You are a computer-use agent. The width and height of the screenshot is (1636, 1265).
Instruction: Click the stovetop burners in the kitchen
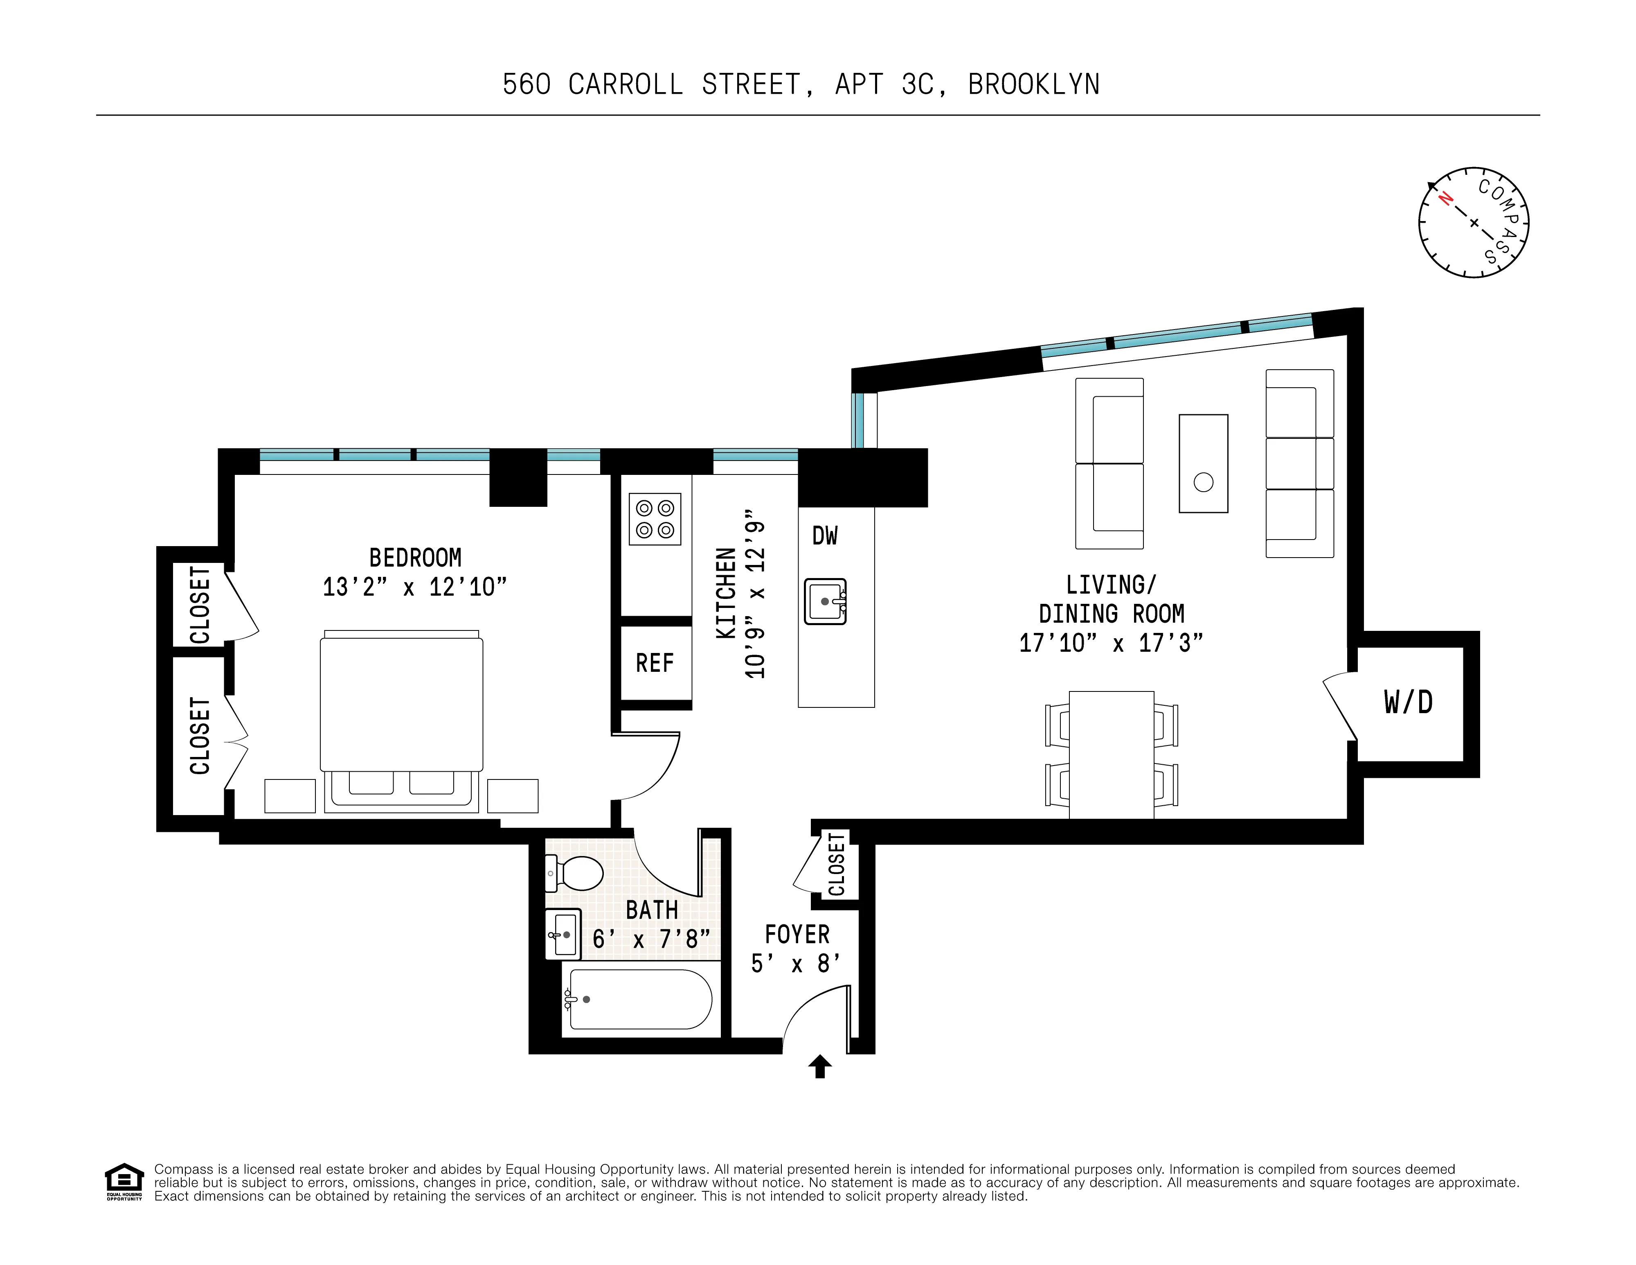click(655, 519)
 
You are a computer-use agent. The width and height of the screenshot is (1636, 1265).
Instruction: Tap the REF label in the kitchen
click(654, 663)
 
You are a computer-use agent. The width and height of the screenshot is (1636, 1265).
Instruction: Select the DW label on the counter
click(825, 536)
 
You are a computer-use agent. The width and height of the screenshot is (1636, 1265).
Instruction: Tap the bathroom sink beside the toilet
click(563, 934)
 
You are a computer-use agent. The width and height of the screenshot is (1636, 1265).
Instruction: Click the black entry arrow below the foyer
click(820, 1066)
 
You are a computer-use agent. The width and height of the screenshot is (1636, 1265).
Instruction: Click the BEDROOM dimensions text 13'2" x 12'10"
click(414, 587)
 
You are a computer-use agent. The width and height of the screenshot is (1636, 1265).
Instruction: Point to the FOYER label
click(797, 935)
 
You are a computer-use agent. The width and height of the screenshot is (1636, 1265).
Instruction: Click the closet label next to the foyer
click(837, 864)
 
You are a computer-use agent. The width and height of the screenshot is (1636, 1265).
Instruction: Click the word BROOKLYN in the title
click(1034, 85)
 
